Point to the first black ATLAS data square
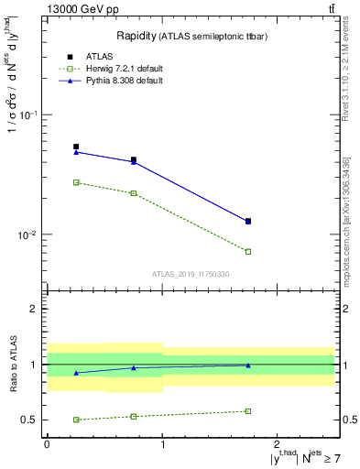pyautogui.click(x=76, y=147)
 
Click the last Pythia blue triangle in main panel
pyautogui.click(x=248, y=221)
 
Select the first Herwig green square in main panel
pyautogui.click(x=76, y=182)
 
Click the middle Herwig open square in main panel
pyautogui.click(x=134, y=193)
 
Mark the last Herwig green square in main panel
pyautogui.click(x=248, y=251)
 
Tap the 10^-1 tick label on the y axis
pyautogui.click(x=29, y=115)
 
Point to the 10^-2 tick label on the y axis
pyautogui.click(x=29, y=235)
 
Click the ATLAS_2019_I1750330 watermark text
pyautogui.click(x=191, y=274)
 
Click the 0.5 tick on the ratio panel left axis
pyautogui.click(x=30, y=420)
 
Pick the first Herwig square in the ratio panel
pyautogui.click(x=76, y=420)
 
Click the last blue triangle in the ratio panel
pyautogui.click(x=248, y=365)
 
